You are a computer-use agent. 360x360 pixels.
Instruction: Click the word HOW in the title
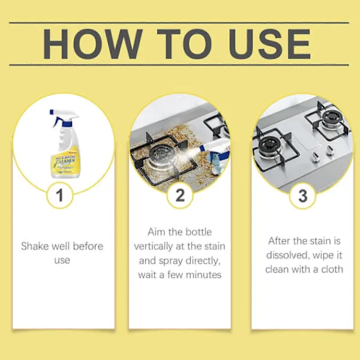[92, 44]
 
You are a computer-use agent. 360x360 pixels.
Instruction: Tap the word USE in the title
[270, 44]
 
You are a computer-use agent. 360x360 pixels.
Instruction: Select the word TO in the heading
[184, 44]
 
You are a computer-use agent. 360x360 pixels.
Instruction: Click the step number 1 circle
[60, 195]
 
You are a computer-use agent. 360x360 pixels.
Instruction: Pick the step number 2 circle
[180, 195]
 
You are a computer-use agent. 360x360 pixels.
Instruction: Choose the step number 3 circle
[303, 196]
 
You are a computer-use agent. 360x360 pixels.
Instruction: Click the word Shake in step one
[34, 246]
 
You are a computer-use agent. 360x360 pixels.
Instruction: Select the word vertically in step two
[153, 247]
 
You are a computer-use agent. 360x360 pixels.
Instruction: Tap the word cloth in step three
[332, 269]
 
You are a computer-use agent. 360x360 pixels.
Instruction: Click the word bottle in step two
[199, 232]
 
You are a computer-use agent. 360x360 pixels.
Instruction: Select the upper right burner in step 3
[332, 118]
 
